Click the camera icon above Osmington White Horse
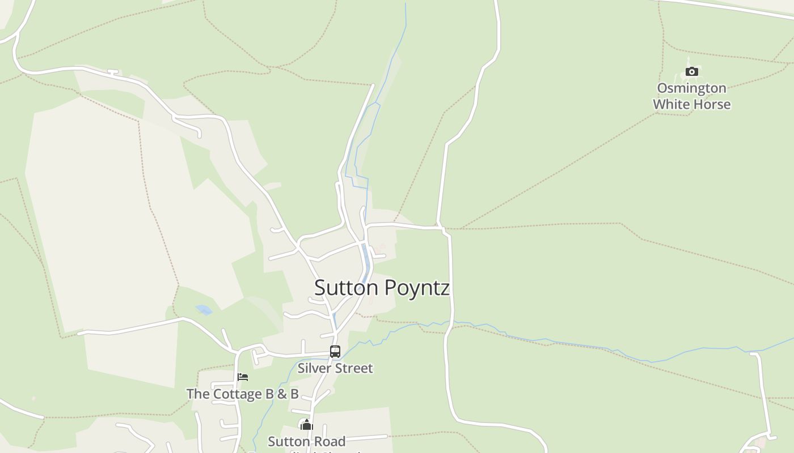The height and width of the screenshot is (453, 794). (691, 71)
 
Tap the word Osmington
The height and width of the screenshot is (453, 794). (691, 88)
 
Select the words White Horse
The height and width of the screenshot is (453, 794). (691, 104)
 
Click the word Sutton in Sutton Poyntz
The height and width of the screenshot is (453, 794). (346, 288)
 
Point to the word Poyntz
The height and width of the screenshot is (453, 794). (417, 288)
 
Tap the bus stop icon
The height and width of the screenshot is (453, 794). (335, 352)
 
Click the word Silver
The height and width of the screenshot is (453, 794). (315, 368)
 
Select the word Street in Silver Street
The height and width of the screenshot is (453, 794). (354, 368)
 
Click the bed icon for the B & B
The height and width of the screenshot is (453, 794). (243, 377)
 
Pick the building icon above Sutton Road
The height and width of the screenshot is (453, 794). (306, 425)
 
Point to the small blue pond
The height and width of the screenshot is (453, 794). (204, 310)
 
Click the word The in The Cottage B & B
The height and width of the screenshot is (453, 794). (197, 394)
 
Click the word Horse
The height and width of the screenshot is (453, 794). (712, 104)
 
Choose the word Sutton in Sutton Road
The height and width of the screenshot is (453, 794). (290, 442)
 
